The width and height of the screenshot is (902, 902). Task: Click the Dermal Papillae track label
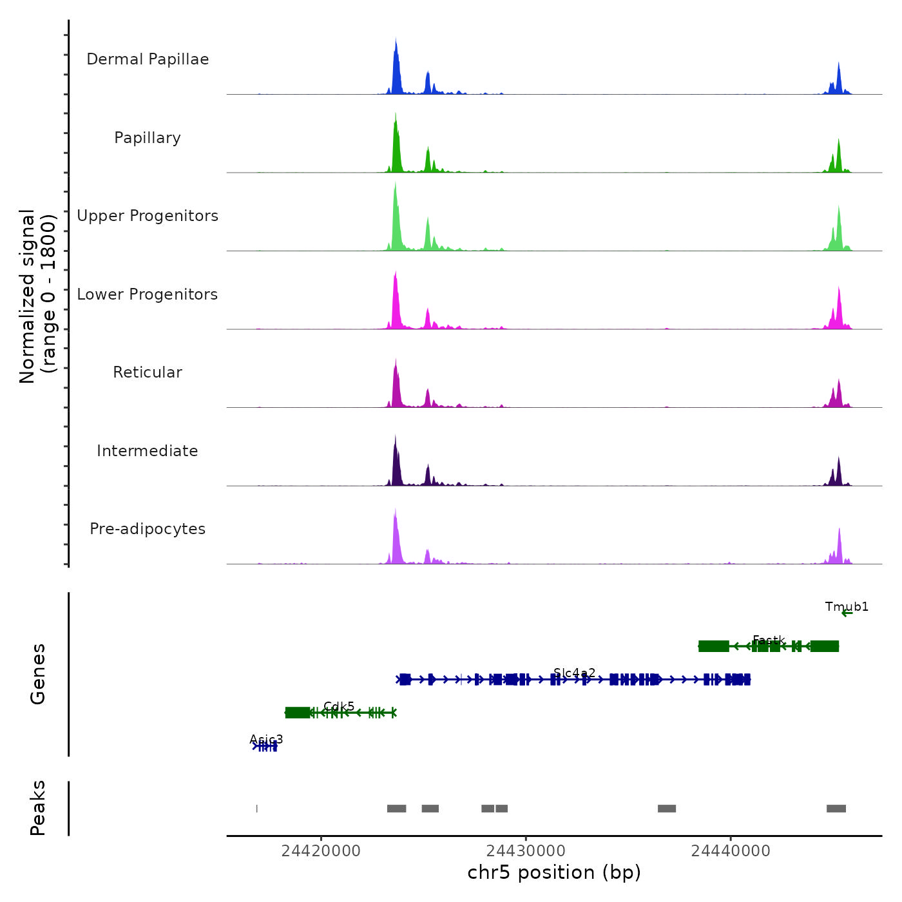click(x=148, y=59)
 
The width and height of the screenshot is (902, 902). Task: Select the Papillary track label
click(x=148, y=138)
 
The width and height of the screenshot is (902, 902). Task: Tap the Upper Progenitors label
click(x=148, y=216)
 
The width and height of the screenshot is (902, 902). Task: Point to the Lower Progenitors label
click(x=148, y=294)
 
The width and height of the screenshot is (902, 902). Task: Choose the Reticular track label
click(x=148, y=372)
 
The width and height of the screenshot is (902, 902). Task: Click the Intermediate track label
click(x=148, y=451)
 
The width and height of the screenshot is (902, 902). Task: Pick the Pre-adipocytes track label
click(x=148, y=529)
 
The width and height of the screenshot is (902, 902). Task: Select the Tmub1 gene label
click(x=847, y=607)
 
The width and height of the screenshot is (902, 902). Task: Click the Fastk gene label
click(x=769, y=640)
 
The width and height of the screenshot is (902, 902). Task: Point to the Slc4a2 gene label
click(x=574, y=673)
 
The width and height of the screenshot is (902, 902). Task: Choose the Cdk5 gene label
click(x=339, y=707)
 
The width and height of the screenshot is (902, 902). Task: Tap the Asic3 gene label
click(x=266, y=740)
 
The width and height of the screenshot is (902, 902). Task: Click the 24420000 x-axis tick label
click(x=321, y=851)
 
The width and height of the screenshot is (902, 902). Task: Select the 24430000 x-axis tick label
click(x=526, y=851)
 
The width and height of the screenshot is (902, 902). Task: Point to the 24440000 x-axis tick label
click(x=731, y=851)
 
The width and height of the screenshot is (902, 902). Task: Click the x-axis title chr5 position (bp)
click(x=554, y=872)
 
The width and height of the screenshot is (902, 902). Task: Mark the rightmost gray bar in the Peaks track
click(x=836, y=809)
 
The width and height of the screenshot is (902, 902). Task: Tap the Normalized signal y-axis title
click(x=37, y=296)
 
